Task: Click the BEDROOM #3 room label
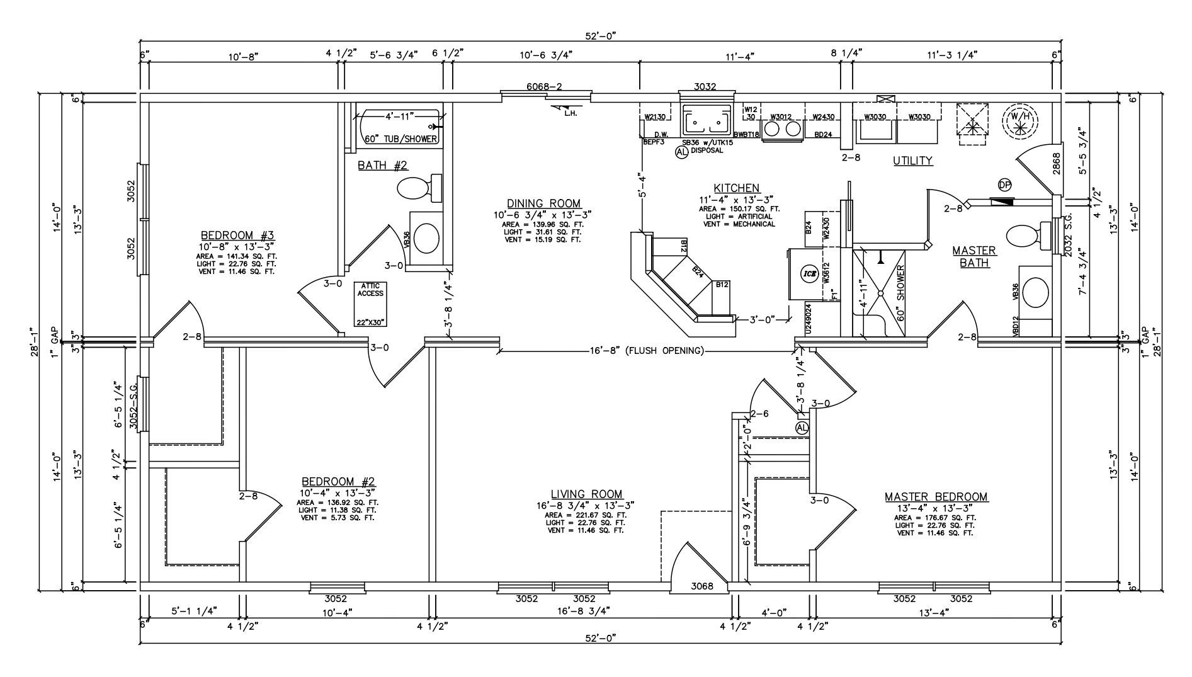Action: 236,237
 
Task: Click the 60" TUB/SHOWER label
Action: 400,139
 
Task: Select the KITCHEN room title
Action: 736,188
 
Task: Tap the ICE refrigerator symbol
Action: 808,273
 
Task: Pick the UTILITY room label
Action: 912,161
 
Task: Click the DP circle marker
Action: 1004,185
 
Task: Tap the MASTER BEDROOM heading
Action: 936,497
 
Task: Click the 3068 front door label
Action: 701,586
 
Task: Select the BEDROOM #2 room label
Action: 338,482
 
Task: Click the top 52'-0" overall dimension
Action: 599,37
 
